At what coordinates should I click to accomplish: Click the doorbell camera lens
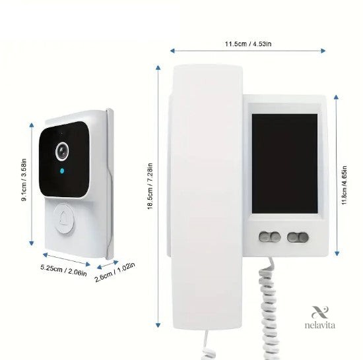pyautogui.click(x=62, y=151)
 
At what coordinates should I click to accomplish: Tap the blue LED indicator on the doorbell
pyautogui.click(x=62, y=171)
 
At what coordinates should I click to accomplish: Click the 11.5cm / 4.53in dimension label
pyautogui.click(x=248, y=44)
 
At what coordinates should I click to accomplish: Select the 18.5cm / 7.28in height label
pyautogui.click(x=150, y=187)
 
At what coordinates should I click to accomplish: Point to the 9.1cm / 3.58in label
pyautogui.click(x=24, y=180)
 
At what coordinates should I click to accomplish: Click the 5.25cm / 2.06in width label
pyautogui.click(x=63, y=270)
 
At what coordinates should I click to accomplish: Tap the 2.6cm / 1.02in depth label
pyautogui.click(x=115, y=272)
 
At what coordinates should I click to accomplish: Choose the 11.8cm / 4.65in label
pyautogui.click(x=345, y=185)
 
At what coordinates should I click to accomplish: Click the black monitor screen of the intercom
pyautogui.click(x=284, y=164)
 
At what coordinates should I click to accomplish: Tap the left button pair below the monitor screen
pyautogui.click(x=270, y=237)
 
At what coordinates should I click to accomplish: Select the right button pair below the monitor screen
pyautogui.click(x=298, y=237)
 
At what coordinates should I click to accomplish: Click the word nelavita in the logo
pyautogui.click(x=319, y=325)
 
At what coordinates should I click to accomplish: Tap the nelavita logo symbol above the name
pyautogui.click(x=320, y=312)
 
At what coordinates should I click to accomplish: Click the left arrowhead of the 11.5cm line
pyautogui.click(x=172, y=51)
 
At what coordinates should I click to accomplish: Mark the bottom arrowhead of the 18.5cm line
pyautogui.click(x=158, y=325)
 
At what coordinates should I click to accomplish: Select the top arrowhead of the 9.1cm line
pyautogui.click(x=32, y=125)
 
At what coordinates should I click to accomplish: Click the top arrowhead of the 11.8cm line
pyautogui.click(x=337, y=97)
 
